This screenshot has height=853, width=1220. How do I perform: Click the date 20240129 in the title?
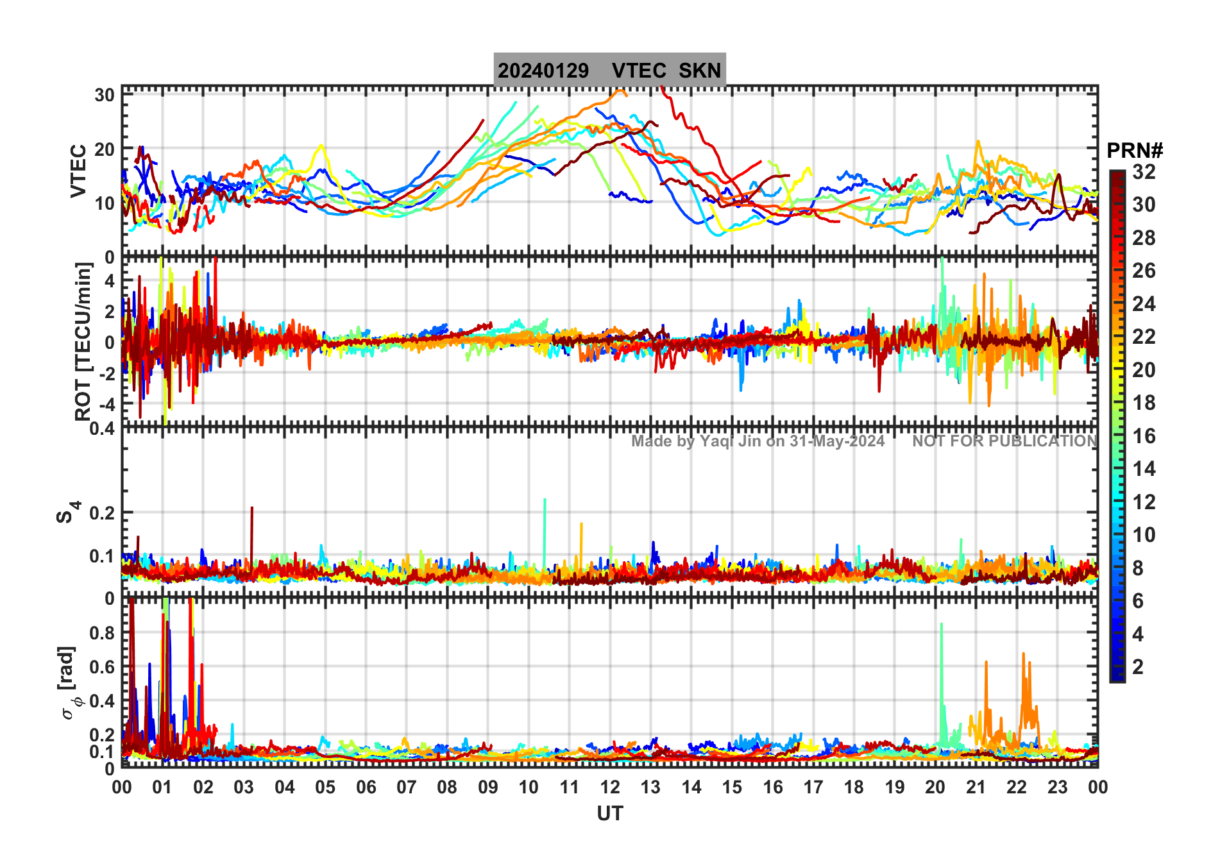543,71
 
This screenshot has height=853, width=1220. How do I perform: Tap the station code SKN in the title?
700,71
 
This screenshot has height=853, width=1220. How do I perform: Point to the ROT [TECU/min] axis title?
83,341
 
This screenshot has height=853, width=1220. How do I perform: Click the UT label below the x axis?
609,814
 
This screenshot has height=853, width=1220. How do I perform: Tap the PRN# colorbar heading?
1134,151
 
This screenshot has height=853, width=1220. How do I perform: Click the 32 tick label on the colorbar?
1144,172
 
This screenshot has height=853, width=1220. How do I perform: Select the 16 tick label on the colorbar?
1144,436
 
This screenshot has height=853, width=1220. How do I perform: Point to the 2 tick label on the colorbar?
1138,667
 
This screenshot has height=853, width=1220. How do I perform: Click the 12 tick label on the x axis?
610,788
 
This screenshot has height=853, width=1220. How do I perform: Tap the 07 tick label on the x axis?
407,788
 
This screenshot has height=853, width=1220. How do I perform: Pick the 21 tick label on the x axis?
976,788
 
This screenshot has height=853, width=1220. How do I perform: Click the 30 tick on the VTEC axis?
105,95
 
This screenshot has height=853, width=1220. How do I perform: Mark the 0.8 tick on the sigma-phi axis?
101,633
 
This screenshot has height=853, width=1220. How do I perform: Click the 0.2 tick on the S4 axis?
102,513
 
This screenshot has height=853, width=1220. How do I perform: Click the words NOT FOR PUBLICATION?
1004,441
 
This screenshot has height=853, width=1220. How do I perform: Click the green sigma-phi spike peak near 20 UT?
941,624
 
